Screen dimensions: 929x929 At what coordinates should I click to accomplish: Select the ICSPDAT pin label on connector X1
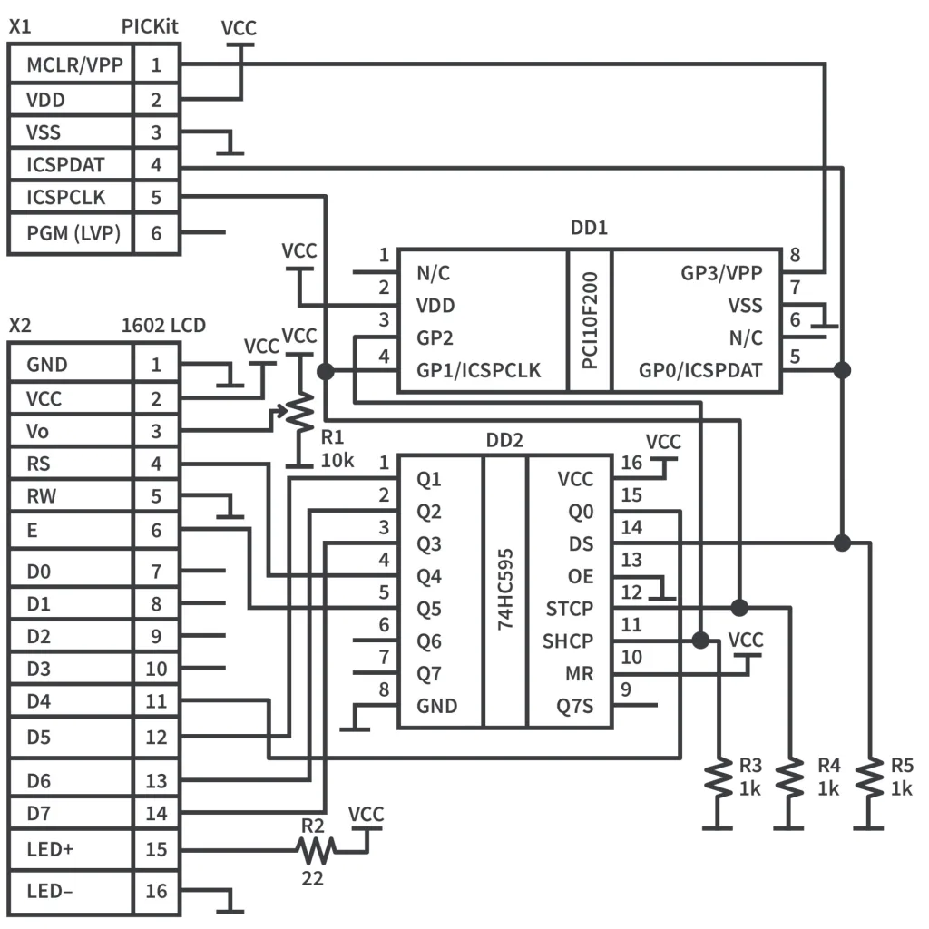coord(65,165)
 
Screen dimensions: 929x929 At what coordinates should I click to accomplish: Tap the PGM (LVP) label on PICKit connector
coord(69,232)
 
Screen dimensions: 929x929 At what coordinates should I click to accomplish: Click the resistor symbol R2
coord(316,849)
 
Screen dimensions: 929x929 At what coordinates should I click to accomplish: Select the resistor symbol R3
coord(719,778)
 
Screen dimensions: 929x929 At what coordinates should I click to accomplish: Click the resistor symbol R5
coord(869,778)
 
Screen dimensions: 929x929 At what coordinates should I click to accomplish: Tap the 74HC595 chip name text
coord(504,590)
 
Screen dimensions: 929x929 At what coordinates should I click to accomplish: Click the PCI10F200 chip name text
coord(590,319)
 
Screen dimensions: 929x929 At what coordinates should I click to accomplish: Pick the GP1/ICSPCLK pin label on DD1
coord(477,370)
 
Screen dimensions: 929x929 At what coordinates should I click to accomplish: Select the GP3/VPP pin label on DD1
coord(721,273)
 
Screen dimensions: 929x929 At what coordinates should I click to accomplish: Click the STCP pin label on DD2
coord(570,607)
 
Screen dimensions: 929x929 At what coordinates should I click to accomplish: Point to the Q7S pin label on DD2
coord(573,705)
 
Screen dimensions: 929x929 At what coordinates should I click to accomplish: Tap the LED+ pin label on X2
coord(51,849)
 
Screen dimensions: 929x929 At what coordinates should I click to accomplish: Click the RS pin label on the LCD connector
coord(39,464)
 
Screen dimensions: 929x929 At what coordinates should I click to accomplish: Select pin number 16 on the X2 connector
coord(156,891)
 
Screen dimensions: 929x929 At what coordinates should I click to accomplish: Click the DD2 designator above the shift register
coord(504,441)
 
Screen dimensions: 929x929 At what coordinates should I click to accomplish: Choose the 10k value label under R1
coord(337,460)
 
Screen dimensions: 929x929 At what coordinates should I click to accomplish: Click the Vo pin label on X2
coord(39,432)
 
